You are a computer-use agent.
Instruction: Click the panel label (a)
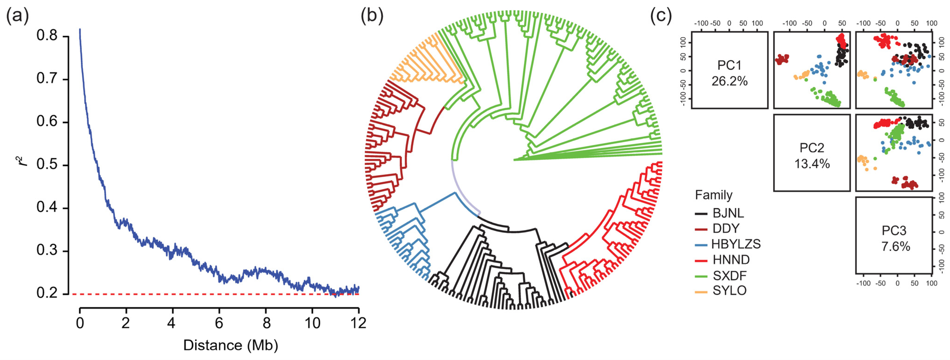(x=17, y=16)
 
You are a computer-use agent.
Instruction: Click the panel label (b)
(x=372, y=16)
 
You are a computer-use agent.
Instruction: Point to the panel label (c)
(x=661, y=16)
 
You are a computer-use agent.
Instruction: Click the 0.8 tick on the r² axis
(x=47, y=36)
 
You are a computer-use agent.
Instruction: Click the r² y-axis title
(x=23, y=161)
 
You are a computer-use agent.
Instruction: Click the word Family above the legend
(x=714, y=195)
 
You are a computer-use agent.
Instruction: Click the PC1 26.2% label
(x=729, y=73)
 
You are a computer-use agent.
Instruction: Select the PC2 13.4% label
(x=812, y=156)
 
